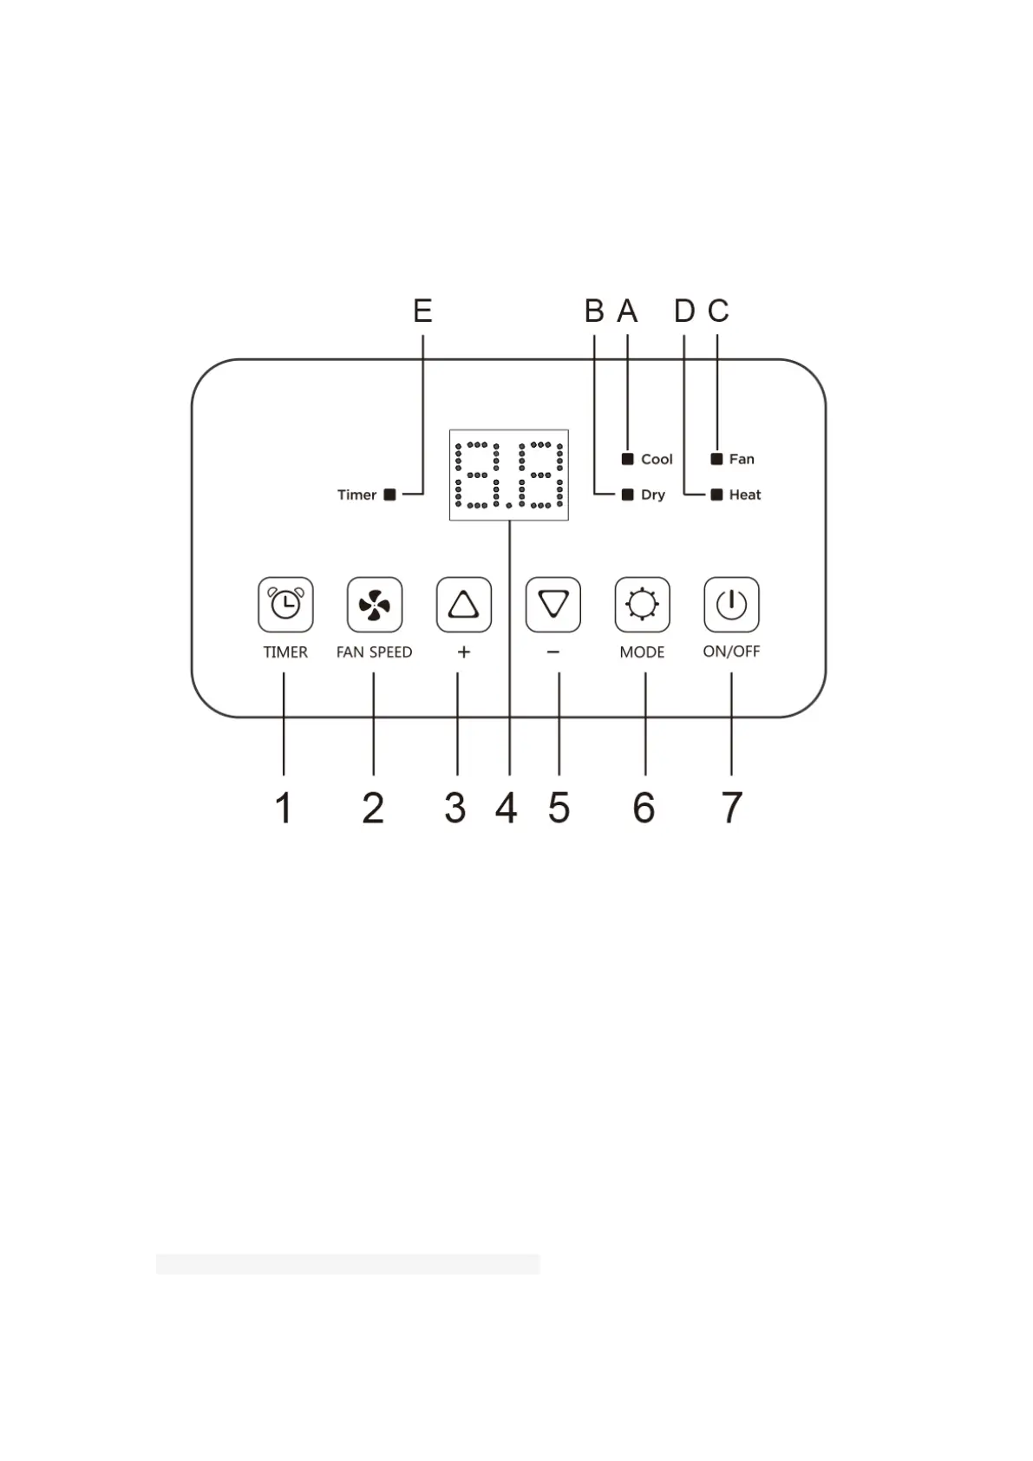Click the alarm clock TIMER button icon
(x=285, y=605)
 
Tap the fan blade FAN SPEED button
(x=375, y=605)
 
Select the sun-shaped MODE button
(x=642, y=605)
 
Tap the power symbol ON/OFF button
(x=731, y=605)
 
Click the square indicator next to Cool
(x=628, y=459)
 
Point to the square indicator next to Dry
(x=628, y=495)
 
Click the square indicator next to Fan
(x=716, y=459)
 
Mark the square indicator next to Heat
(x=716, y=495)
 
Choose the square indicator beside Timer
(x=390, y=495)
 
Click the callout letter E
(x=422, y=311)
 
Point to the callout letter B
(x=594, y=311)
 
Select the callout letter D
(x=684, y=311)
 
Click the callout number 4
(x=507, y=809)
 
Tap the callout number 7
(x=732, y=809)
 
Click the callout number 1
(x=284, y=809)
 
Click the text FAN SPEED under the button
(x=374, y=652)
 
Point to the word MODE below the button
(x=642, y=652)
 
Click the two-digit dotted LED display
(x=509, y=475)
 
